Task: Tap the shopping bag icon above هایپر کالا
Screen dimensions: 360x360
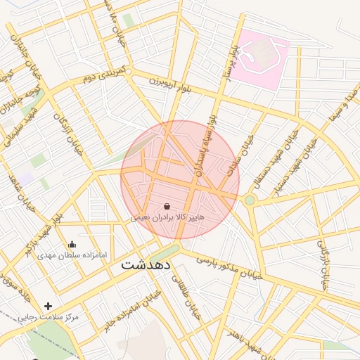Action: (x=167, y=207)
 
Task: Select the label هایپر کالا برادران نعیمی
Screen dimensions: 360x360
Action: (x=167, y=219)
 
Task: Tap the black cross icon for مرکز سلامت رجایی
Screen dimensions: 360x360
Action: (x=48, y=306)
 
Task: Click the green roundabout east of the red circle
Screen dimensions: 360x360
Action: (x=250, y=200)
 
